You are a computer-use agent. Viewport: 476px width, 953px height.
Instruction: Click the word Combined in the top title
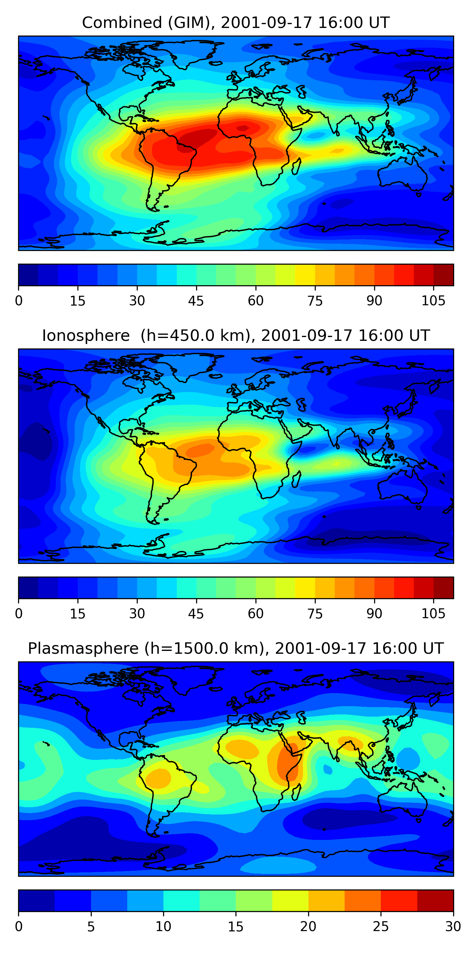click(122, 23)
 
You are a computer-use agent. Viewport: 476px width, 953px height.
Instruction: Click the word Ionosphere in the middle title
click(86, 336)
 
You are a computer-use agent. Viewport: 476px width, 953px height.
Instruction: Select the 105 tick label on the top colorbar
click(433, 301)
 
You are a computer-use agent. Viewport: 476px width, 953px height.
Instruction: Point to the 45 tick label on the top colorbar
click(196, 301)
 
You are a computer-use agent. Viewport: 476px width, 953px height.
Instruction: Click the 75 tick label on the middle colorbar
click(315, 614)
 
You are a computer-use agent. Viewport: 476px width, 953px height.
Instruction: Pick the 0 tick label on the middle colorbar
click(19, 614)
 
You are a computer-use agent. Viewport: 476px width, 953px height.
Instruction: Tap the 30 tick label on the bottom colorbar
click(453, 926)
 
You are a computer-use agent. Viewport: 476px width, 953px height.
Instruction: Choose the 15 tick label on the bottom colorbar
click(236, 926)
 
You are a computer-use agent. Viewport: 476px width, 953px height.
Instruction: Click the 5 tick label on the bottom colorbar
click(91, 926)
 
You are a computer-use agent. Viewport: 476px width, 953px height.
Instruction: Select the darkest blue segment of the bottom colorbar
click(36, 901)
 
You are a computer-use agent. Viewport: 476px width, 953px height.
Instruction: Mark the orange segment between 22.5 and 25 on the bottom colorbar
click(362, 901)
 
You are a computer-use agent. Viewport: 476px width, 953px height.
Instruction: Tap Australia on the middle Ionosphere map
click(403, 486)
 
